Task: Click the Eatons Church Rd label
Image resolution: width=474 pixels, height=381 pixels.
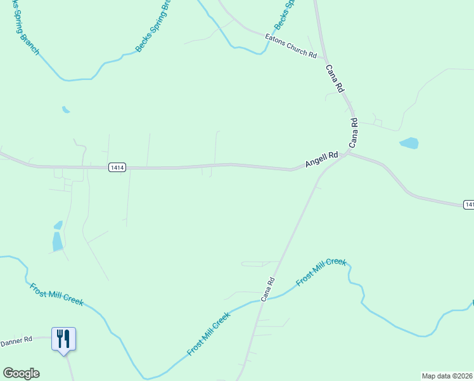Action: click(291, 46)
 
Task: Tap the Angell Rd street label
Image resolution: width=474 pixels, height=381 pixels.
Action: click(321, 159)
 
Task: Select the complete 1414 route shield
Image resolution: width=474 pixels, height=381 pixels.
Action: click(117, 167)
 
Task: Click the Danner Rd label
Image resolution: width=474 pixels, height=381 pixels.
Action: click(16, 342)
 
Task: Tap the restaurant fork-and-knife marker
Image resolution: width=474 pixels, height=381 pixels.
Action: click(63, 338)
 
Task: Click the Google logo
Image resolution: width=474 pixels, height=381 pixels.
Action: click(21, 373)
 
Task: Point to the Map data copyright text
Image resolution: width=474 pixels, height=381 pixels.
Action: click(447, 375)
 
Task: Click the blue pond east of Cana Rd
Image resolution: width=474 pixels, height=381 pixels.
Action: click(409, 143)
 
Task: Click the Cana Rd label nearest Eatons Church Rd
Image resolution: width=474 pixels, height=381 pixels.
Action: click(334, 78)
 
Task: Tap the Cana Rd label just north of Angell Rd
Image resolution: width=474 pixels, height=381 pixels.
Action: click(353, 133)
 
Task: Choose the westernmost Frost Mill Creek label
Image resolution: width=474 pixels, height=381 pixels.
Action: click(56, 294)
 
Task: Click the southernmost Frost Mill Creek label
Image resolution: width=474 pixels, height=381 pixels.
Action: click(208, 333)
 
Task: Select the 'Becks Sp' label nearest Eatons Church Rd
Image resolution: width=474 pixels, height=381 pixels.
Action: click(285, 14)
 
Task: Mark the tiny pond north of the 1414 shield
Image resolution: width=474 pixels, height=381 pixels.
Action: click(65, 109)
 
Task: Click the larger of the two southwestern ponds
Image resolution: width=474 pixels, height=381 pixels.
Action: click(57, 241)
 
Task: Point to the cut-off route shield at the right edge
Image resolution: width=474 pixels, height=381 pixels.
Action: click(469, 204)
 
